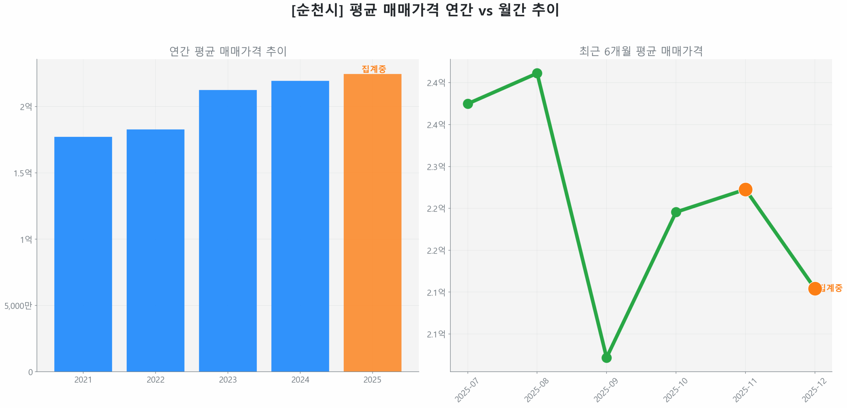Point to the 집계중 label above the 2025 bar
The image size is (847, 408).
(x=373, y=69)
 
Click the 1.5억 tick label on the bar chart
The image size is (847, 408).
(x=22, y=173)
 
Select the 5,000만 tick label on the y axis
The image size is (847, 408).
(x=18, y=305)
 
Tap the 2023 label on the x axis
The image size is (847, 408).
(x=227, y=379)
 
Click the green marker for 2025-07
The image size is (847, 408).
(x=467, y=104)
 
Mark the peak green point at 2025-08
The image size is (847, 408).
(x=537, y=73)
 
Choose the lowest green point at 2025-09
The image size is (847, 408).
(x=606, y=357)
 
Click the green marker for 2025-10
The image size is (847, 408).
(x=675, y=212)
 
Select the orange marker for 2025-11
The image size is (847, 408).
(x=745, y=189)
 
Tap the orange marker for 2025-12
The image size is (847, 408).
(x=814, y=288)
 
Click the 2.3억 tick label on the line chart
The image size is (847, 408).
(x=436, y=167)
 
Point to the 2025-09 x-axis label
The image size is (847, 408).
(x=605, y=390)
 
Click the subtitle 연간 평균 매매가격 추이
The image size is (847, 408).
(x=228, y=51)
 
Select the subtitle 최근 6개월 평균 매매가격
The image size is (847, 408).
(x=641, y=51)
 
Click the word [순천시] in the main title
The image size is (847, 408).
(x=317, y=10)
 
